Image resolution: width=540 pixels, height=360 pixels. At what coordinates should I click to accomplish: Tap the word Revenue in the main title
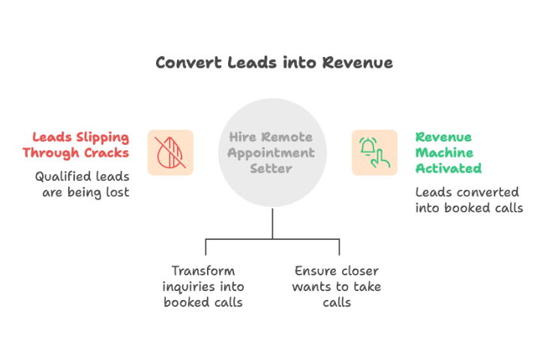click(358, 62)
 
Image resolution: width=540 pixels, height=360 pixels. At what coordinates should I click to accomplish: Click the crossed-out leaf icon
click(170, 152)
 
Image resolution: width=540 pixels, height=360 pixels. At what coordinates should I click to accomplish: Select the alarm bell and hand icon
click(374, 152)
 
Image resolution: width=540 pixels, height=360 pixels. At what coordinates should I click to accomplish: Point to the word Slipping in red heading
click(102, 138)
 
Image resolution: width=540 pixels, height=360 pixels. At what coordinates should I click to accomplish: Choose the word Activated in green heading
click(448, 168)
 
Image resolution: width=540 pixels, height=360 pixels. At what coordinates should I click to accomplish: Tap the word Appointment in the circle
click(272, 153)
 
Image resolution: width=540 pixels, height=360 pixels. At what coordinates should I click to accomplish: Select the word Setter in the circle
click(272, 168)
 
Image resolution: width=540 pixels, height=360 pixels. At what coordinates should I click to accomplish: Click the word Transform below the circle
click(202, 271)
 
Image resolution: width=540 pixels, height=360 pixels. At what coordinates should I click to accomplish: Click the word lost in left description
click(117, 192)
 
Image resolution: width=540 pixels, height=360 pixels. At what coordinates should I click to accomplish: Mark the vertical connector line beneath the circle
click(272, 223)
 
